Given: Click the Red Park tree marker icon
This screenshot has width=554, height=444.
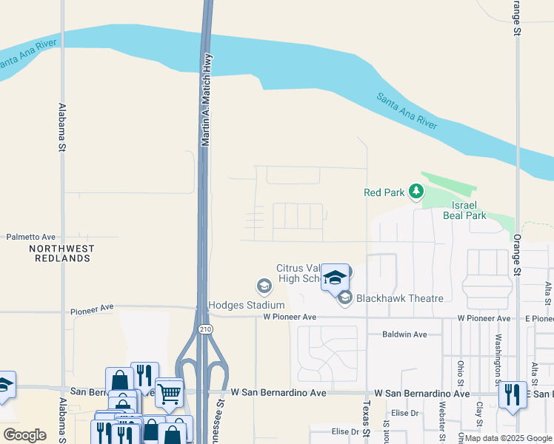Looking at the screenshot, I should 416,192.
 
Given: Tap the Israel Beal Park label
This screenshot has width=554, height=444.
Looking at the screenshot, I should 464,210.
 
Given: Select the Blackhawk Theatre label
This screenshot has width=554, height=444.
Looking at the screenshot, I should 400,298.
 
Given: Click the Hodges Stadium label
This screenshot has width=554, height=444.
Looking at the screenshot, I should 247,305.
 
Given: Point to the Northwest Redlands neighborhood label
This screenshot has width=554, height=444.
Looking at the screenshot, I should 61,253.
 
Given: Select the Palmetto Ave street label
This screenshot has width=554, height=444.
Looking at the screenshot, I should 31,237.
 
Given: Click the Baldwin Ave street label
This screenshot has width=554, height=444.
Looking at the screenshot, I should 404,334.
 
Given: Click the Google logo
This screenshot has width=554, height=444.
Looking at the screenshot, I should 24,435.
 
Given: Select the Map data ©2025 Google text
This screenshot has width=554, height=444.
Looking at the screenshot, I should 508,438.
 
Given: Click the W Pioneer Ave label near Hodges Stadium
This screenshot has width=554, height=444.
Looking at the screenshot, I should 290,317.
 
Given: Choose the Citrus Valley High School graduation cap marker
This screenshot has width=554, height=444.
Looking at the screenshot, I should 335,277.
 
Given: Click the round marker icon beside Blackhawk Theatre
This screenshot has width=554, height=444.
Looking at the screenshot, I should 344,298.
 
